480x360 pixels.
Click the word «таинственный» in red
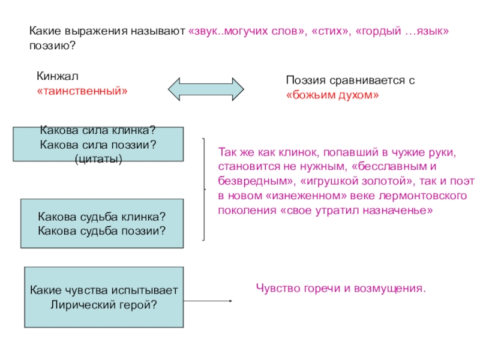click(x=82, y=92)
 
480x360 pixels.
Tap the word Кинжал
click(x=57, y=77)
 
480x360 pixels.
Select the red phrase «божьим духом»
click(x=332, y=95)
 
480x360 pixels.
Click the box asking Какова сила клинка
click(x=98, y=144)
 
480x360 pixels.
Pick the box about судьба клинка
click(x=102, y=223)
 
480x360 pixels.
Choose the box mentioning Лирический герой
click(x=104, y=298)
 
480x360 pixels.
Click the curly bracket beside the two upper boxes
click(x=205, y=190)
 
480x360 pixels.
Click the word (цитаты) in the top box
click(x=98, y=158)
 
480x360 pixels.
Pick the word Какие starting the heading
click(x=46, y=31)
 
